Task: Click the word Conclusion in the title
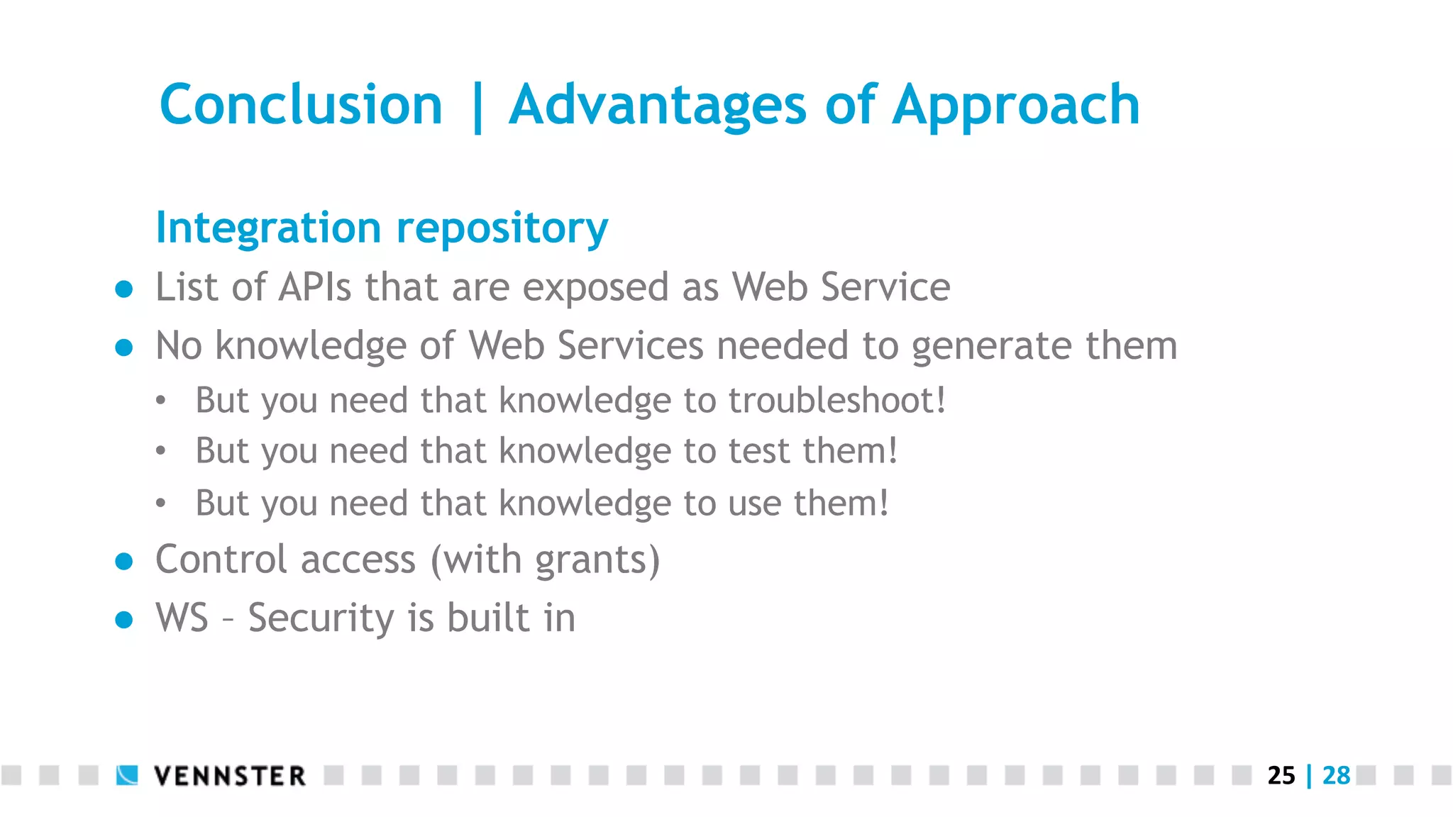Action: click(301, 105)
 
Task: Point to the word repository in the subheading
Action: click(502, 228)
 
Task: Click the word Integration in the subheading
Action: click(268, 228)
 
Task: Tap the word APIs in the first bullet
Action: click(314, 287)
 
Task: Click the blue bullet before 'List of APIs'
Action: click(124, 289)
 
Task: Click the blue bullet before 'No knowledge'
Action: click(124, 347)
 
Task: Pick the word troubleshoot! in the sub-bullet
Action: click(837, 400)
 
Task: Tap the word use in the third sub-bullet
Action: click(754, 504)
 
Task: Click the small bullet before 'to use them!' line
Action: click(161, 504)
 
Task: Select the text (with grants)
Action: click(545, 560)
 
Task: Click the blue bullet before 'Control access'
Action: click(124, 562)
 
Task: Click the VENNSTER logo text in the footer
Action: click(230, 776)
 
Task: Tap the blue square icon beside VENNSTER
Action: click(127, 775)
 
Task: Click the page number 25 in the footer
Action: click(1281, 776)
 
